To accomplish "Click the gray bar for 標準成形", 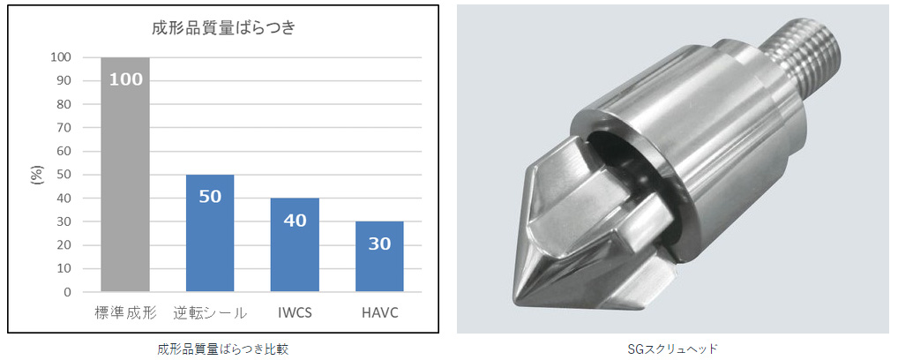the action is pyautogui.click(x=125, y=175).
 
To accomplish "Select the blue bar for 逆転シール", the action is pyautogui.click(x=210, y=233).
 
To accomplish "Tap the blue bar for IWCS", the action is pyautogui.click(x=295, y=244).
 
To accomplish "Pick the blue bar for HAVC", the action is pyautogui.click(x=379, y=256).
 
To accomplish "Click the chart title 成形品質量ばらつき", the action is pyautogui.click(x=223, y=28).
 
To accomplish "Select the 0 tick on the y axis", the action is pyautogui.click(x=68, y=292).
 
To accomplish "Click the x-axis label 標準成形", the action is pyautogui.click(x=125, y=313).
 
